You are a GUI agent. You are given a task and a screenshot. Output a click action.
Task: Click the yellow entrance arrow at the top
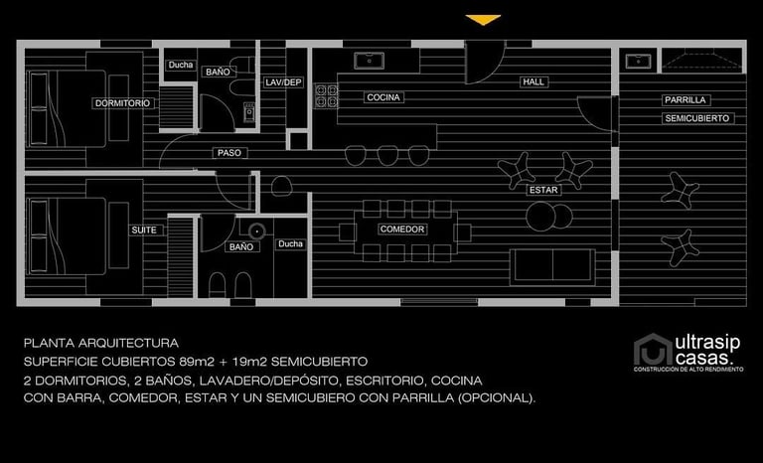pyautogui.click(x=483, y=20)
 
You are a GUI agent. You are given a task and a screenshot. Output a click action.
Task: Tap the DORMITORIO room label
pyautogui.click(x=122, y=103)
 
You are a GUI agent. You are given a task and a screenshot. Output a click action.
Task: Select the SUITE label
pyautogui.click(x=143, y=230)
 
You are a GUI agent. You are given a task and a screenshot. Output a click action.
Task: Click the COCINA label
pyautogui.click(x=382, y=97)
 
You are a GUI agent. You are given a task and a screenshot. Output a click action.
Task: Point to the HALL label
pyautogui.click(x=534, y=81)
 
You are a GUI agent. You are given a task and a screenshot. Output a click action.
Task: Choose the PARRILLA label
pyautogui.click(x=685, y=100)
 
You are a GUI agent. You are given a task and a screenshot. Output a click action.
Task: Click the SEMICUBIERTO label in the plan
pyautogui.click(x=697, y=118)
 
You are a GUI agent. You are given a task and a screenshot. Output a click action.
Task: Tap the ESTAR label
pyautogui.click(x=542, y=189)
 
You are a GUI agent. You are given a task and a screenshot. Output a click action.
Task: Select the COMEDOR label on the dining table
pyautogui.click(x=402, y=230)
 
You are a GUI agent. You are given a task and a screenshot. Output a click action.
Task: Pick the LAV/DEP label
pyautogui.click(x=283, y=81)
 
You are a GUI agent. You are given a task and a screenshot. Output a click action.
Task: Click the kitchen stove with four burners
pyautogui.click(x=325, y=95)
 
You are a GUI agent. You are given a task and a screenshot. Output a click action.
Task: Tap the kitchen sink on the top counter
pyautogui.click(x=370, y=60)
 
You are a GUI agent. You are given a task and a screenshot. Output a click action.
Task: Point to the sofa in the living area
pyautogui.click(x=553, y=265)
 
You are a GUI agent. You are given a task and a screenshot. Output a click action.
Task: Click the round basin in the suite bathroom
pyautogui.click(x=256, y=231)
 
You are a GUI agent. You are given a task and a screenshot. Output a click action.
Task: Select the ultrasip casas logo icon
pyautogui.click(x=652, y=350)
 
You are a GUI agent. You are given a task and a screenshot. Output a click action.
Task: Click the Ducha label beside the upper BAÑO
pyautogui.click(x=181, y=66)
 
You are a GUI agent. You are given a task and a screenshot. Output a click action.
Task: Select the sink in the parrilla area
pyautogui.click(x=637, y=61)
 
